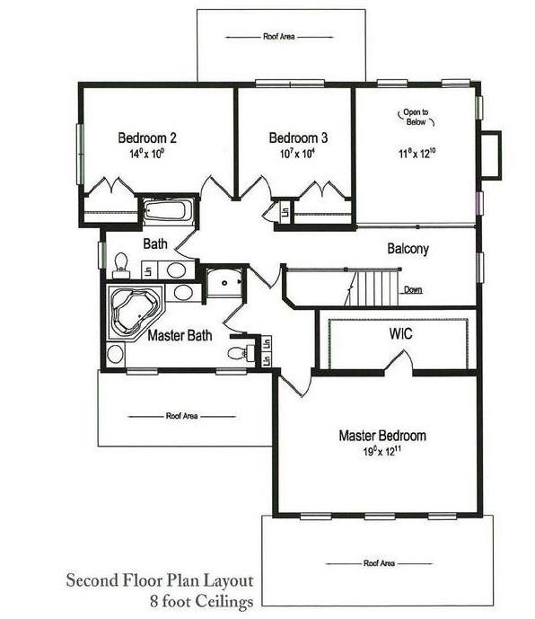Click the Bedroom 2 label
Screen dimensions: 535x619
coord(147,137)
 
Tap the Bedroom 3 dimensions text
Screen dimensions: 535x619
coord(298,153)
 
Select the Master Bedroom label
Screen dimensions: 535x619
coord(382,436)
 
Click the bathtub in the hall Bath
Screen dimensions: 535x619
coord(169,210)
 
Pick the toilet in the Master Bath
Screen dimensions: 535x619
coord(241,352)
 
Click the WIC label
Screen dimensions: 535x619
coord(400,333)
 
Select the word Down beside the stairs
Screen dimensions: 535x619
coord(413,290)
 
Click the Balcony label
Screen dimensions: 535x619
coord(408,249)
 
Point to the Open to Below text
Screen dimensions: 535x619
coord(416,118)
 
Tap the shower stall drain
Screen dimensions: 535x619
coord(224,283)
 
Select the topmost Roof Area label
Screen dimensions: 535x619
coord(279,37)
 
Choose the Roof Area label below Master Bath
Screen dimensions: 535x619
coord(182,416)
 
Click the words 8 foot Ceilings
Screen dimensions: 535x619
coord(202,601)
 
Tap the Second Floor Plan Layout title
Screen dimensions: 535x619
coord(160,580)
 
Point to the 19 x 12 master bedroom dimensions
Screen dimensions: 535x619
coord(382,451)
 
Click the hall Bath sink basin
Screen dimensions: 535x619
coord(176,270)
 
